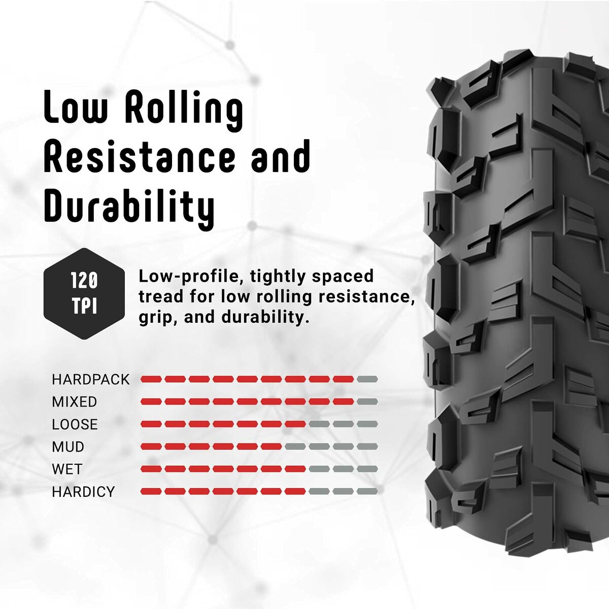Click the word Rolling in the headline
coord(184,108)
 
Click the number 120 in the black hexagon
coord(84,281)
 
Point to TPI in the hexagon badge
coord(84,307)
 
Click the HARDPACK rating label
coord(91,380)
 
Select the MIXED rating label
coord(74,402)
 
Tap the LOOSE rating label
coord(75,424)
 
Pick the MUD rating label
coord(68,447)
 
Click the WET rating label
coord(67,469)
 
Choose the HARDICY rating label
coord(83,491)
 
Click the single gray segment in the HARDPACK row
coord(367,379)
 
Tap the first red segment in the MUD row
coord(151,447)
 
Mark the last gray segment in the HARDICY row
coord(367,491)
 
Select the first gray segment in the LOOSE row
coord(319,424)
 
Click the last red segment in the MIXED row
coord(343,401)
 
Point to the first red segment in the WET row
coord(151,469)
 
